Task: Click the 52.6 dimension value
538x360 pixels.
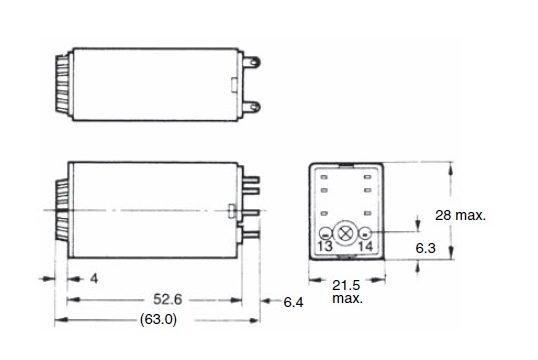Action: point(167,299)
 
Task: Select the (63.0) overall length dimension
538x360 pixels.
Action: point(159,320)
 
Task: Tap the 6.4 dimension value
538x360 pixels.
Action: point(293,302)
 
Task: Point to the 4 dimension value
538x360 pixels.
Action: point(94,278)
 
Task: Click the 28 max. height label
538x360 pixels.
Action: point(460,215)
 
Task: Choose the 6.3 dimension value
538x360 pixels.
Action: point(425,248)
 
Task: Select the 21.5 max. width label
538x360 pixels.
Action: point(347,291)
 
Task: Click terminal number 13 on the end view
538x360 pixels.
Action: point(325,246)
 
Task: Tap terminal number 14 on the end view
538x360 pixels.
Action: point(365,246)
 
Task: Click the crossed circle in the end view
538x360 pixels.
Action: point(343,233)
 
